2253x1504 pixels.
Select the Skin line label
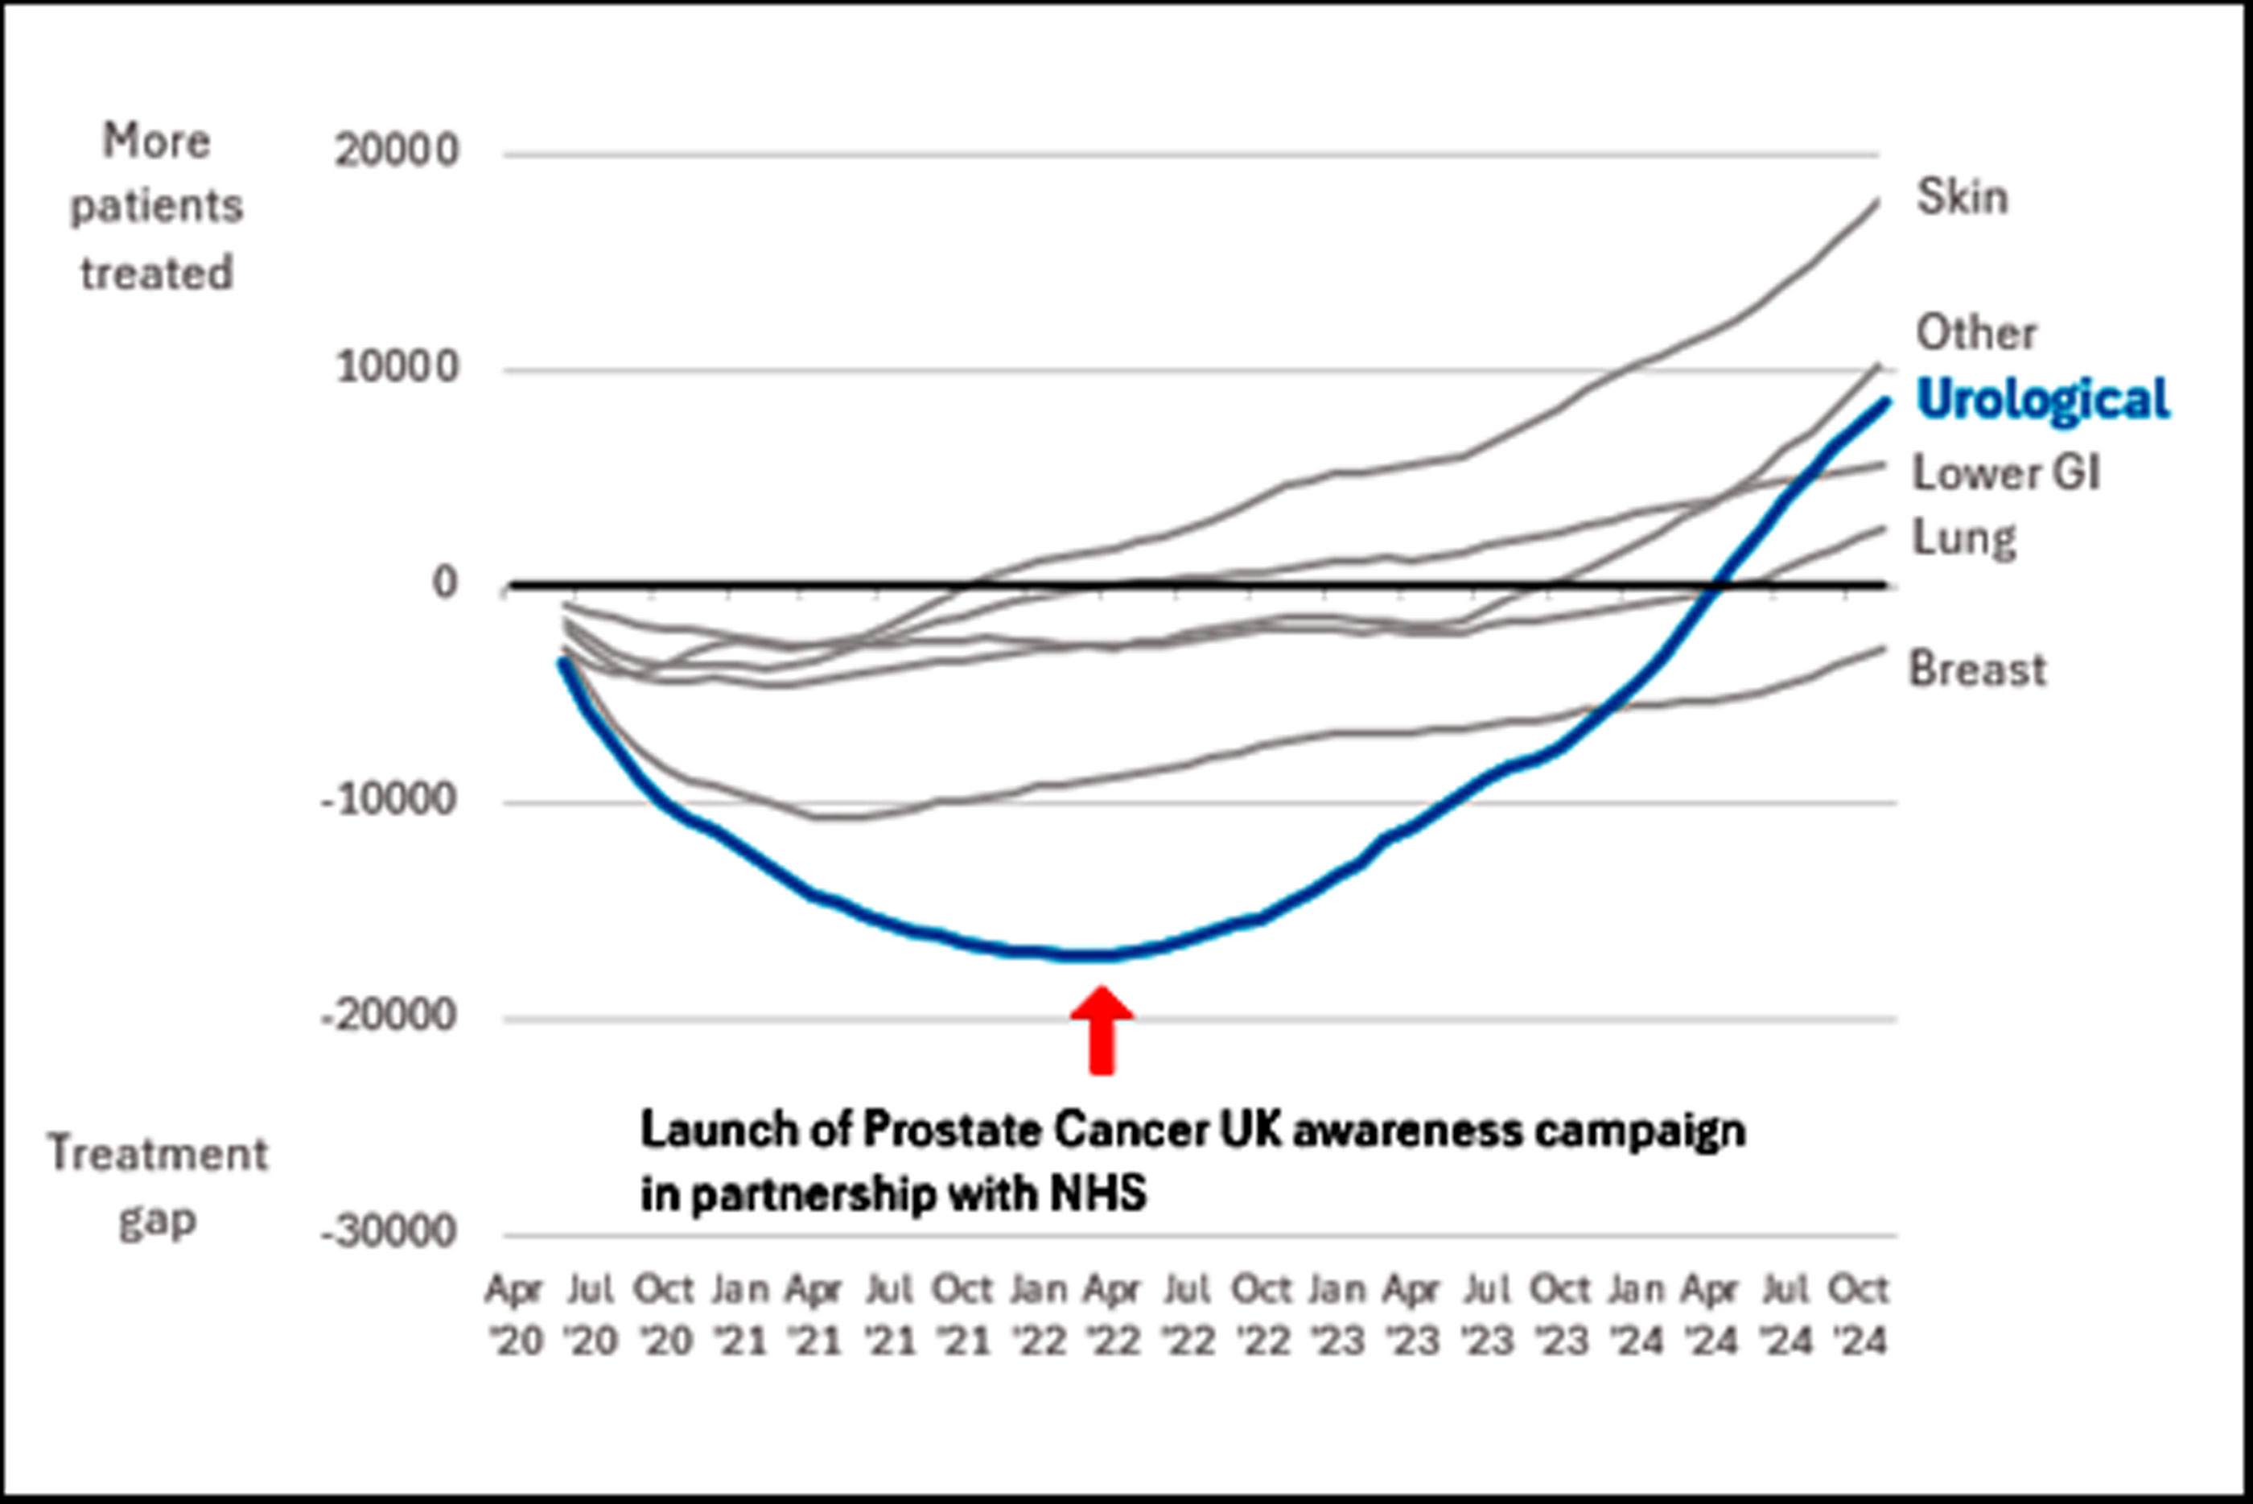[1962, 198]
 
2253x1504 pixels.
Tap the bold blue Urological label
[2042, 399]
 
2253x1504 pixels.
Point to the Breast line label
[1977, 670]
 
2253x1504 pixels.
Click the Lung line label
[1963, 538]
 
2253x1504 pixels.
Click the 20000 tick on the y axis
[396, 151]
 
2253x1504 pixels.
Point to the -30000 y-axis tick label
[389, 1234]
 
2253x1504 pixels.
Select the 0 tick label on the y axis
[444, 583]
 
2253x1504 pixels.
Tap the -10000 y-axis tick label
[389, 800]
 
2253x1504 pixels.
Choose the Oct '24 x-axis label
[1859, 1315]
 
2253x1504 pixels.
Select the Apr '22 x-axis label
[1112, 1315]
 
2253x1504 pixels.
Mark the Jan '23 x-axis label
[1336, 1315]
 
